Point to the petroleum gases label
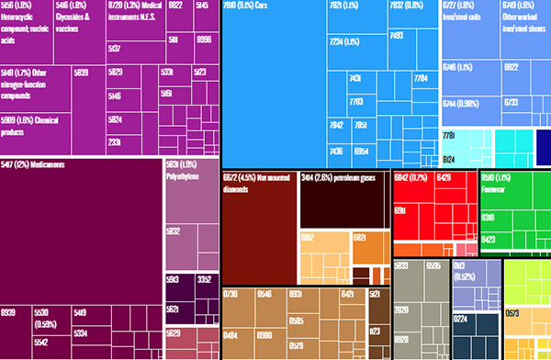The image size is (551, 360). [340, 178]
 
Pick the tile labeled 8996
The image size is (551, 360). [204, 39]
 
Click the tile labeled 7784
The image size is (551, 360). [421, 79]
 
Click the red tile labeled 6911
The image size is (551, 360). [401, 210]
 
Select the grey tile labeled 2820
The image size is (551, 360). [401, 311]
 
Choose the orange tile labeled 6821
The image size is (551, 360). [361, 238]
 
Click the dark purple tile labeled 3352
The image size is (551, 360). [203, 279]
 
